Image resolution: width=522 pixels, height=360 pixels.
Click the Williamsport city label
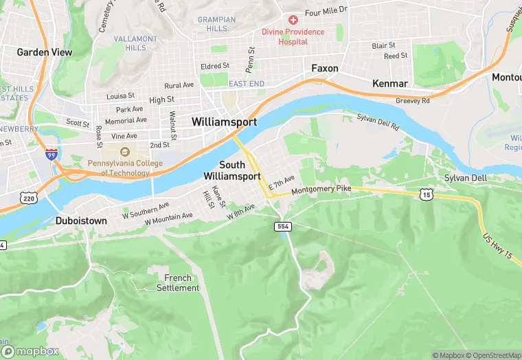(x=224, y=122)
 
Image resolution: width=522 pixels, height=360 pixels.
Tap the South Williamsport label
(x=231, y=170)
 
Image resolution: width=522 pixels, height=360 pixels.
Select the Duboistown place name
(x=81, y=222)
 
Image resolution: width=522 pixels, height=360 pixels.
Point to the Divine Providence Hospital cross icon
(x=293, y=20)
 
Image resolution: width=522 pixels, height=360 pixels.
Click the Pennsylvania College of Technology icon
(x=125, y=152)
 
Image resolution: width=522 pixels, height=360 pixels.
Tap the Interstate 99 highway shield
(x=52, y=154)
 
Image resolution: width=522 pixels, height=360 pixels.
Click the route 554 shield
(x=282, y=226)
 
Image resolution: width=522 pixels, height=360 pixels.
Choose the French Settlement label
(x=177, y=282)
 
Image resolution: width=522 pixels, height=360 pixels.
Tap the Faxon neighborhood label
(x=324, y=69)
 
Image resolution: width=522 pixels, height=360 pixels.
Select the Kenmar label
(x=390, y=83)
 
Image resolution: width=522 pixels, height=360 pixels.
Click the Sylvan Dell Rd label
(x=378, y=122)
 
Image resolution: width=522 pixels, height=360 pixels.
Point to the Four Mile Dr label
(x=326, y=12)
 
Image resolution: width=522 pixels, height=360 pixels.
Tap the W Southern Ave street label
(x=146, y=207)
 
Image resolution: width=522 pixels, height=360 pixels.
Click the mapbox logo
(x=30, y=351)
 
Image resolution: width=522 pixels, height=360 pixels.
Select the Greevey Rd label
(x=412, y=100)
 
